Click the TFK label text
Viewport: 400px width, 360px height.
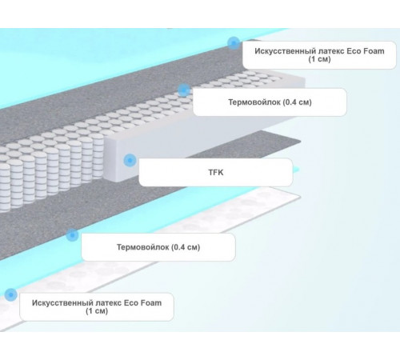[216, 172]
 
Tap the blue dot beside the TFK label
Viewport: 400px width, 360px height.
[130, 160]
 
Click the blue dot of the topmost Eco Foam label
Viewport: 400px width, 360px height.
[234, 43]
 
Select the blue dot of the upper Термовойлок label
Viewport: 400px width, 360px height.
[184, 90]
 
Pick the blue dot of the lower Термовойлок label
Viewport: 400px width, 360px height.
[72, 235]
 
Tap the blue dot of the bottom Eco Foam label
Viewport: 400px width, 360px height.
[10, 294]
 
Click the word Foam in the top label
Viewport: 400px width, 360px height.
[374, 51]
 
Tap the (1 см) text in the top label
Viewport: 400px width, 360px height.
[319, 59]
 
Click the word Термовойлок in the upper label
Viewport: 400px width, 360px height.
[254, 102]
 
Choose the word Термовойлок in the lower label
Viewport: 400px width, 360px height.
[143, 247]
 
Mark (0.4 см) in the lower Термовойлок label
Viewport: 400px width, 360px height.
[186, 247]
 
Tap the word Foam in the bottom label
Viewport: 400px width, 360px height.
[152, 303]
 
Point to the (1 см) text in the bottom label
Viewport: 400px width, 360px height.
[97, 311]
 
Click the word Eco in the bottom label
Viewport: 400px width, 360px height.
[132, 303]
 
